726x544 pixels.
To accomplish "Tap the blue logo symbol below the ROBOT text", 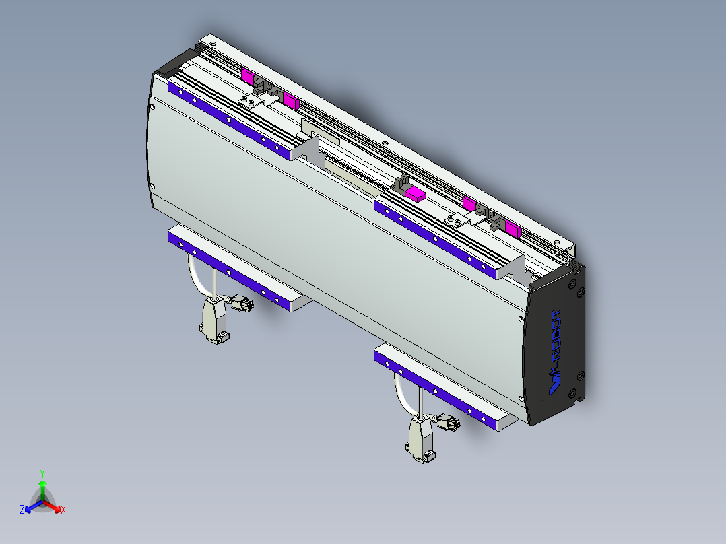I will (554, 384).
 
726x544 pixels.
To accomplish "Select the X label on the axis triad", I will (63, 510).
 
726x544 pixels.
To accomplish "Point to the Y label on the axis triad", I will (42, 473).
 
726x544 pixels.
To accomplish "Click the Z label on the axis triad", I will (22, 510).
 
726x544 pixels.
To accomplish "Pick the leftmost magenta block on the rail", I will (247, 75).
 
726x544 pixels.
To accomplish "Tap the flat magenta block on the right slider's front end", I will (416, 195).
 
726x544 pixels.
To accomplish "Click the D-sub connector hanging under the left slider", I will (213, 320).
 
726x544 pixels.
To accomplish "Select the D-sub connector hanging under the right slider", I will (420, 440).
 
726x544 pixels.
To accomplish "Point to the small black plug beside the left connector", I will (241, 304).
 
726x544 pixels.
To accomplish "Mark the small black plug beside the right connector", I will (448, 423).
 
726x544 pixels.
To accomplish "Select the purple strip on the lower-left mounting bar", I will (229, 273).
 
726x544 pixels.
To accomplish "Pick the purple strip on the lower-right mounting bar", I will (435, 390).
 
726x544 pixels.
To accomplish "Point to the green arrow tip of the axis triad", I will (42, 483).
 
